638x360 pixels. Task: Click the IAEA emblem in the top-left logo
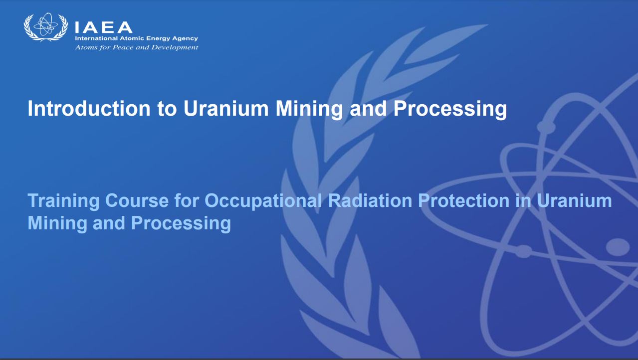pos(45,27)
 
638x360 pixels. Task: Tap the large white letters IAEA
pos(103,27)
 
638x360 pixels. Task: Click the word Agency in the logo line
pos(185,39)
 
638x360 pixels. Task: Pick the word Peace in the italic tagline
pos(123,47)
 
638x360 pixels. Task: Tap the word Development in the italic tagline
pos(174,47)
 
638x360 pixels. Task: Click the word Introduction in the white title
pos(89,109)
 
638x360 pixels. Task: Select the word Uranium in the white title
pos(226,109)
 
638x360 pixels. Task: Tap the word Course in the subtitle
pos(137,201)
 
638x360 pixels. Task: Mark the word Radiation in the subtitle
pos(370,200)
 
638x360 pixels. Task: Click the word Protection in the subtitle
pos(464,200)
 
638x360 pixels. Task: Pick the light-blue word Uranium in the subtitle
pos(574,200)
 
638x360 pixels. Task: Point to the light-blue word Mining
pos(57,223)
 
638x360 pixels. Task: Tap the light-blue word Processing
pos(181,223)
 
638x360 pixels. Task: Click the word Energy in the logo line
pos(158,39)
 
